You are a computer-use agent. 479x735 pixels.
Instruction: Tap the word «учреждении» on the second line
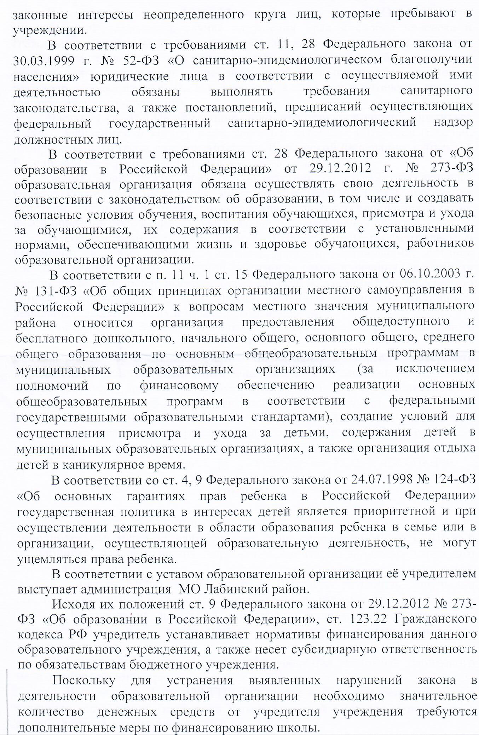tap(50, 30)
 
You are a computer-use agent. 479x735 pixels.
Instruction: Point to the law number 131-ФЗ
tap(55, 291)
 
